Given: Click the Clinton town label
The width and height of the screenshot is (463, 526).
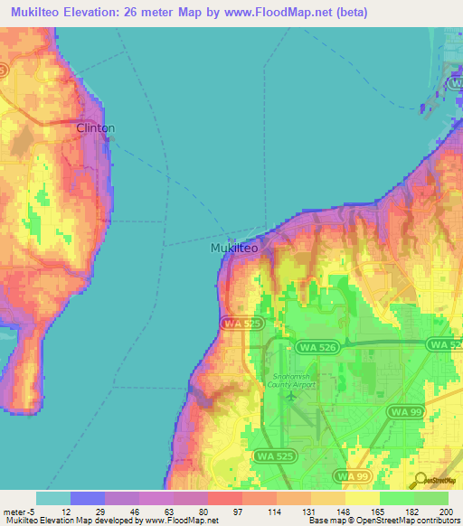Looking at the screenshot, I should tap(95, 128).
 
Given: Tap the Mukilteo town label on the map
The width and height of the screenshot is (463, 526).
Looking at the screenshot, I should tap(234, 248).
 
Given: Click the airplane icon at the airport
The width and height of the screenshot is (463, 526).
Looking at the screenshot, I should tap(290, 395).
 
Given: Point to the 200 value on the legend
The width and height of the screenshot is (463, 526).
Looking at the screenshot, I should tap(444, 512).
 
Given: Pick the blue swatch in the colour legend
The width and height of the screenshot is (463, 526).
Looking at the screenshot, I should tap(88, 498).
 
